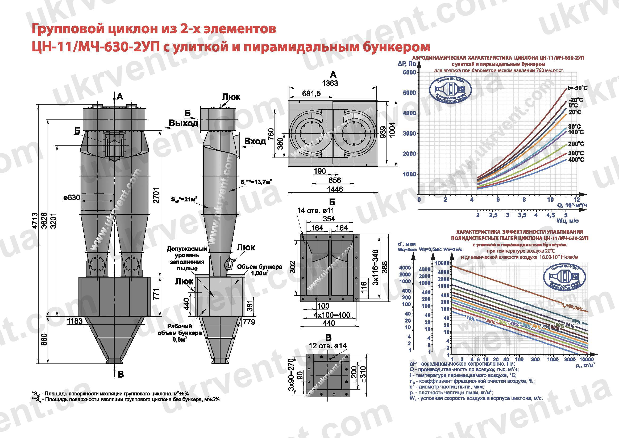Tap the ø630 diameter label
point(72,198)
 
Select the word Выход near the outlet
point(183,123)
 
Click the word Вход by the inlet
point(255,141)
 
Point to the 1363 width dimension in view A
point(330,83)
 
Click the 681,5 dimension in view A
point(311,94)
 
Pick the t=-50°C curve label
point(577,88)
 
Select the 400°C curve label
point(576,160)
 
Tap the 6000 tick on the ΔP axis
point(409,72)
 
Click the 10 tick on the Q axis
point(550,200)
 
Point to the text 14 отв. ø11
point(315,210)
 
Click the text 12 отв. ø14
point(327,346)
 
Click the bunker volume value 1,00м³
point(260,273)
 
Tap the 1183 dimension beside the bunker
point(75,321)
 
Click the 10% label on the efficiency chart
point(471,319)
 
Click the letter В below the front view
point(121,374)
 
